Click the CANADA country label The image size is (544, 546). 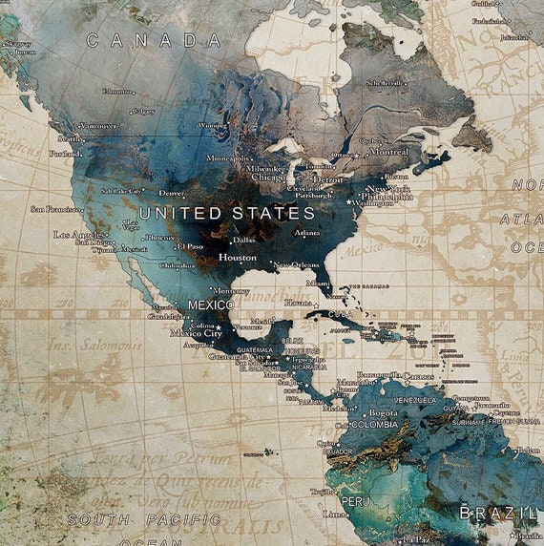coord(153,40)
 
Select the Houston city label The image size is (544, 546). coord(238,258)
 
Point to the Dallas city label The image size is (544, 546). coord(244,241)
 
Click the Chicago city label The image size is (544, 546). coord(268,178)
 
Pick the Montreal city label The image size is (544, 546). coord(387,152)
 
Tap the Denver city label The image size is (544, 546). coord(172,193)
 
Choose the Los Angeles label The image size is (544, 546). coord(79,235)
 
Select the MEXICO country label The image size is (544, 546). coord(211,304)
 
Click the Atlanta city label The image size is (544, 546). coord(307,232)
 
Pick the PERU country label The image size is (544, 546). coord(355,501)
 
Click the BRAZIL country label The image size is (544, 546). coord(497,514)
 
